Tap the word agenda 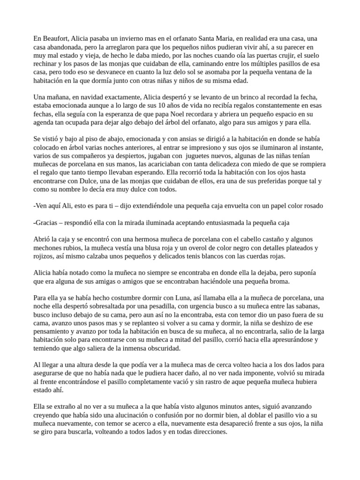[45, 123]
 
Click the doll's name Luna [168, 298]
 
